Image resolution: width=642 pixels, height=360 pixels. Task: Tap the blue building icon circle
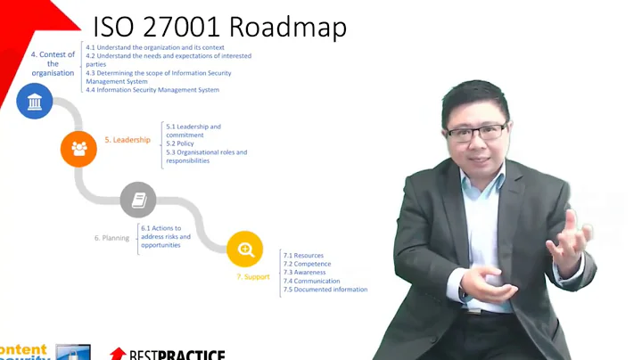tap(35, 102)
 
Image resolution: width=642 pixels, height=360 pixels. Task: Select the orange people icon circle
tap(78, 149)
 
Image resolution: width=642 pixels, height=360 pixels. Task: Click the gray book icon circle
tap(138, 200)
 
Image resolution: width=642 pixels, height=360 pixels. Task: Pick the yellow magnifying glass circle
tap(245, 249)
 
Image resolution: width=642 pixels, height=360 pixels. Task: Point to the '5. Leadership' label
tap(127, 140)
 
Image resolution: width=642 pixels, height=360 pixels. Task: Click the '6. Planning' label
tap(111, 238)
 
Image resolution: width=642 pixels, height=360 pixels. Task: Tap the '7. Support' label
tap(252, 277)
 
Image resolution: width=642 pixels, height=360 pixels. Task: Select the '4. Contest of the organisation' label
tap(53, 63)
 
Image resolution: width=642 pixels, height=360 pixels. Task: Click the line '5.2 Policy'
tap(179, 143)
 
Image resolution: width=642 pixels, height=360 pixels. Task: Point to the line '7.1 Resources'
tap(303, 255)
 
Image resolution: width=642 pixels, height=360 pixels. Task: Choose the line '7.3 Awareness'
tap(306, 272)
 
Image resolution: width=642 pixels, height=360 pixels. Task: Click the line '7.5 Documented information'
tap(325, 290)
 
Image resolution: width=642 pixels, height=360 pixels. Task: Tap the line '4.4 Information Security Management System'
tap(152, 90)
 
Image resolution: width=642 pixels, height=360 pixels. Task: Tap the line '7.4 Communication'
tap(311, 281)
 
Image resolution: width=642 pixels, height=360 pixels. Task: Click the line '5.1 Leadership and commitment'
tap(193, 131)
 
